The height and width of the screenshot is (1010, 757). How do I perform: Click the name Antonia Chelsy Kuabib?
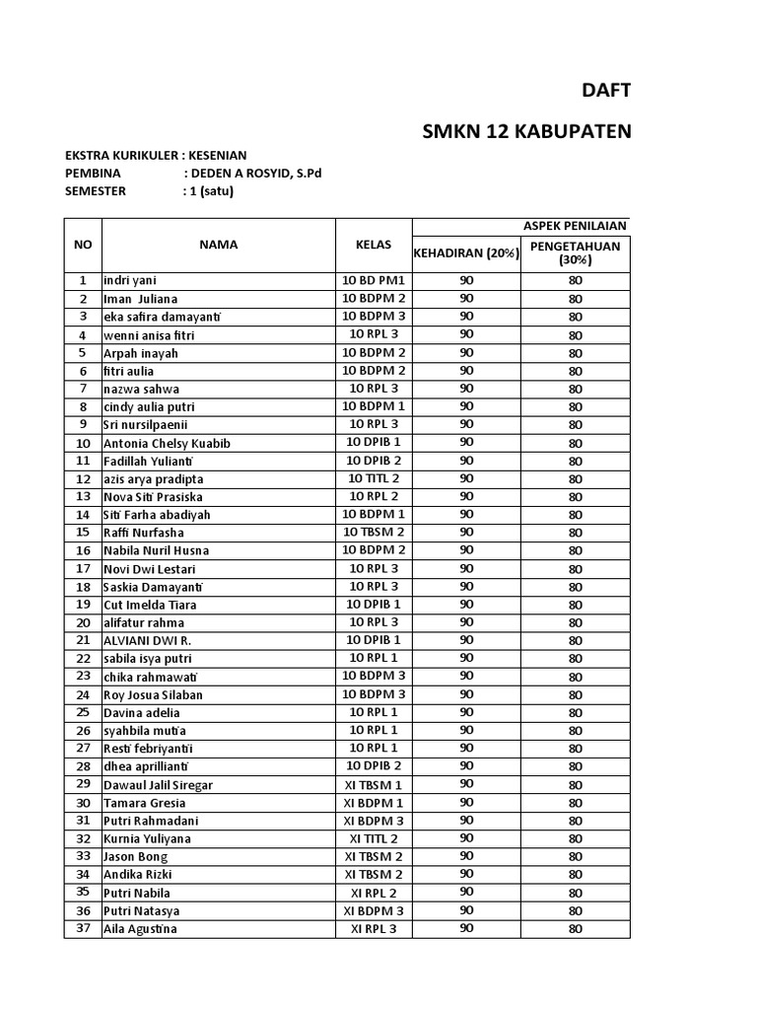[167, 443]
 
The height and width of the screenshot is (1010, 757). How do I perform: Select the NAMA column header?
[218, 245]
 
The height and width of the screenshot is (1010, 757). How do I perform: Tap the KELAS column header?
[374, 245]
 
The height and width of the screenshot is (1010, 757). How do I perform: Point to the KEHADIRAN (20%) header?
[466, 253]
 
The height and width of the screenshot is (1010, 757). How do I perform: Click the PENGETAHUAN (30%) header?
[576, 253]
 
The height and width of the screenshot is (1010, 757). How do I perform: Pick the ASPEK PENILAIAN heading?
[575, 226]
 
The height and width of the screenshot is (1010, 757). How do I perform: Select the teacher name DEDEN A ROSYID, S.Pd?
[252, 173]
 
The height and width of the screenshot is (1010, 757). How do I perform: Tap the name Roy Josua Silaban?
[153, 694]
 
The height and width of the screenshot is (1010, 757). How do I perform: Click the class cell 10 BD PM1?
[374, 281]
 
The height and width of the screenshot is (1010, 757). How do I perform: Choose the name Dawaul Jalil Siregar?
[158, 785]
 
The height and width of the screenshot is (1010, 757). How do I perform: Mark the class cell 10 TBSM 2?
[374, 533]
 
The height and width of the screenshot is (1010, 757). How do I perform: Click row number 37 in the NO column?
[83, 928]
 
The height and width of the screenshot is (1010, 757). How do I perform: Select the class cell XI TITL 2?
[374, 838]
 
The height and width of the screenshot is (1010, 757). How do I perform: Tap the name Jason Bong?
[135, 857]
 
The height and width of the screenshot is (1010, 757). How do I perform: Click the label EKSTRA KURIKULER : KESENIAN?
[156, 155]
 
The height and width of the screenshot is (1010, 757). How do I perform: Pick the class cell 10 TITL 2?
[374, 478]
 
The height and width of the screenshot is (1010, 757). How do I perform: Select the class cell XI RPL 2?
[374, 893]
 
